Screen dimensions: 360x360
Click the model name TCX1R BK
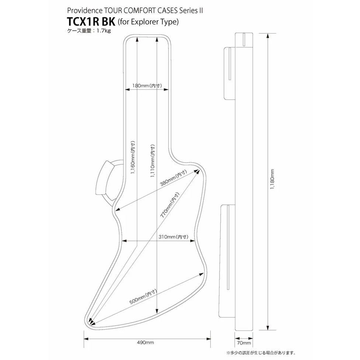pyautogui.click(x=91, y=21)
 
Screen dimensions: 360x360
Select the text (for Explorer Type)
pyautogui.click(x=148, y=22)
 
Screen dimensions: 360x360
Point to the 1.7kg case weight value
pyautogui.click(x=103, y=31)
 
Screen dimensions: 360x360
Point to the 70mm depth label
pyautogui.click(x=244, y=343)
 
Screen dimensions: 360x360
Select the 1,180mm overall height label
pyautogui.click(x=272, y=180)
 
